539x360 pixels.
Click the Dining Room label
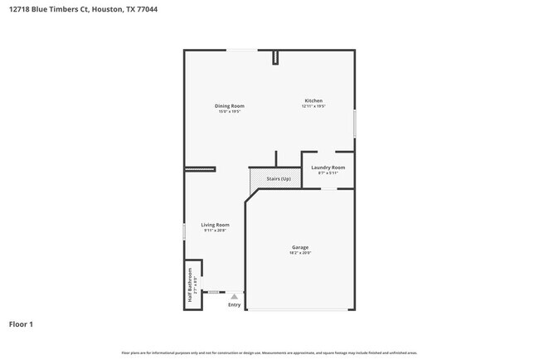point(230,105)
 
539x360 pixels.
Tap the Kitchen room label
point(313,100)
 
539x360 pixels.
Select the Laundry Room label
point(328,168)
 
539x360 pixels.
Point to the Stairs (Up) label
point(279,179)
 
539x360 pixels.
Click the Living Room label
point(216,225)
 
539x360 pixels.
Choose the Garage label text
point(300,247)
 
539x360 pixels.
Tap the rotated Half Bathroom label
point(190,287)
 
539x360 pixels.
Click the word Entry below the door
point(235,304)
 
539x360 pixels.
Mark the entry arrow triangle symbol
point(235,296)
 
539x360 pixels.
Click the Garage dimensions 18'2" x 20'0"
point(300,253)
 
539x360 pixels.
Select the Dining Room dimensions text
point(230,111)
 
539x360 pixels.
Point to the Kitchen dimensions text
point(313,106)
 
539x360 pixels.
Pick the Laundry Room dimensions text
point(328,173)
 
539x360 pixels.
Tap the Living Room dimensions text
point(216,231)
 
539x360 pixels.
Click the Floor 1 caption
point(21,324)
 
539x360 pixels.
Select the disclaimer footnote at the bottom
point(269,353)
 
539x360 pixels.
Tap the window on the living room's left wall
point(184,231)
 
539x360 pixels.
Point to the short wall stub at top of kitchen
point(274,56)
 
